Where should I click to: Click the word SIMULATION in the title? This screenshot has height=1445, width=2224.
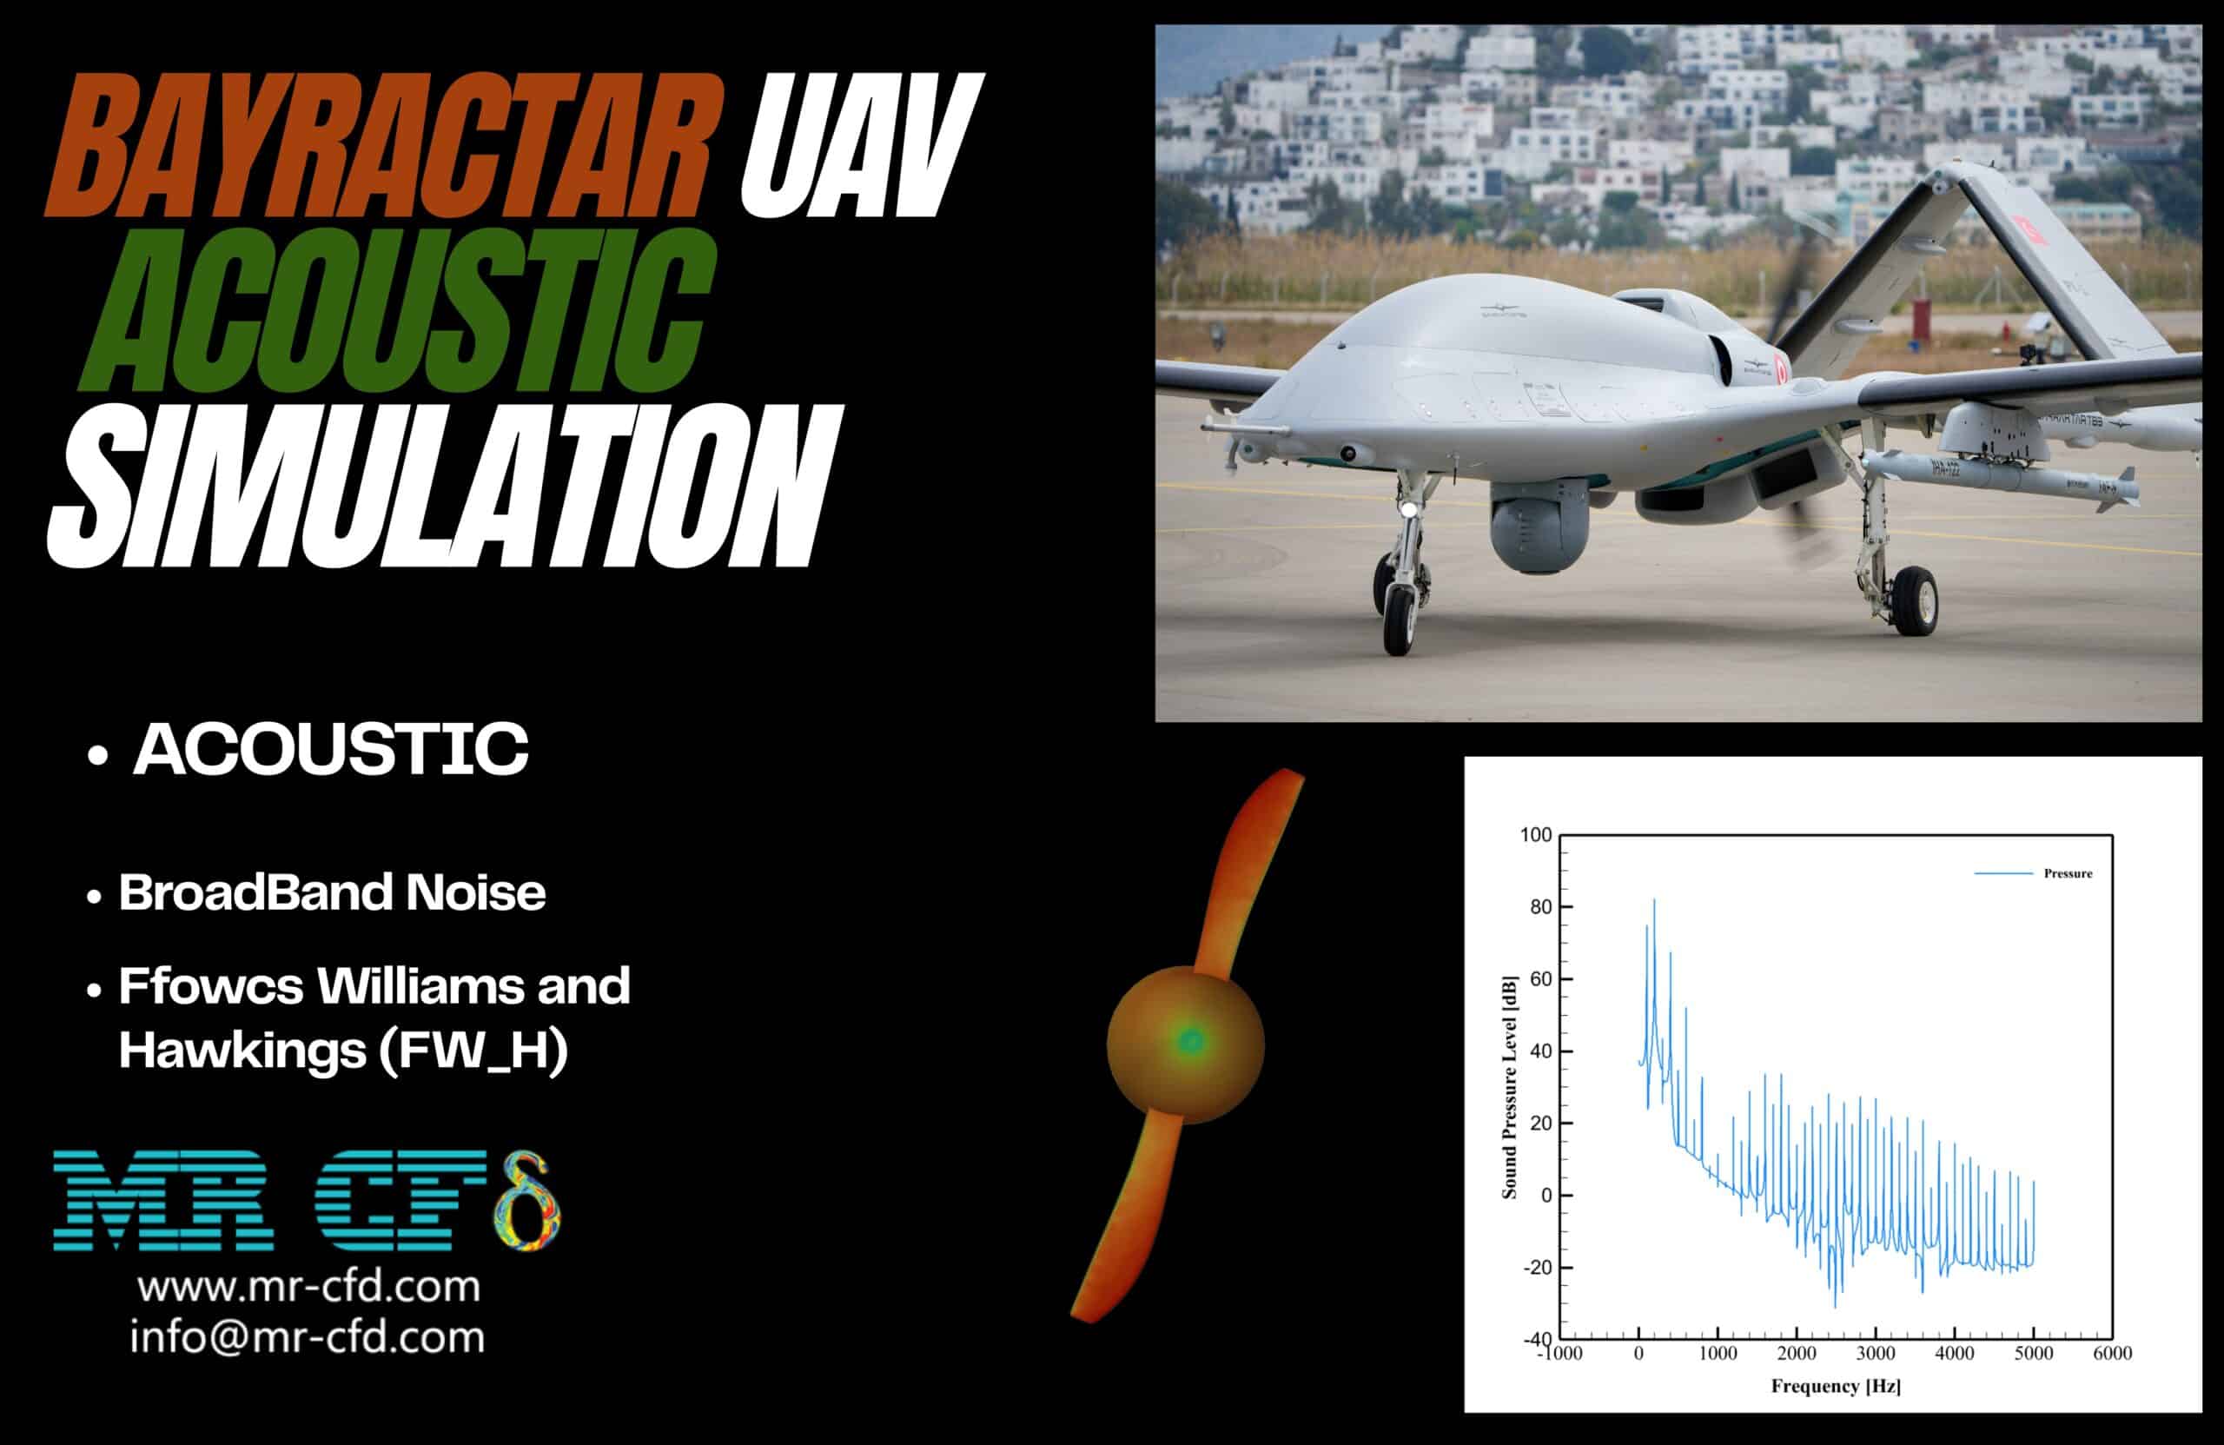pos(440,486)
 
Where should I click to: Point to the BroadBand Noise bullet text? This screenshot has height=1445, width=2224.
pos(332,892)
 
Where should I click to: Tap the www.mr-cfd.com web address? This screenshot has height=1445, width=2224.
pos(308,1287)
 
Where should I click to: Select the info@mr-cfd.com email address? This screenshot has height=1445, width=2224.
pos(308,1336)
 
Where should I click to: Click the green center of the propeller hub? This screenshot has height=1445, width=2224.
pos(1190,1039)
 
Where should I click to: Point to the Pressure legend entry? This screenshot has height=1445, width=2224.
pos(2067,873)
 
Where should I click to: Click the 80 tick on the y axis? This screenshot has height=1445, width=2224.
pos(1540,906)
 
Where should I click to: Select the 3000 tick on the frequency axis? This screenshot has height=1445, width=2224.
pos(1876,1354)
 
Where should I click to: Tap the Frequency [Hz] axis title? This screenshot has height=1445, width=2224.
pos(1836,1385)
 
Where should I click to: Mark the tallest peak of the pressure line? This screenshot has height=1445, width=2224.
pos(1654,901)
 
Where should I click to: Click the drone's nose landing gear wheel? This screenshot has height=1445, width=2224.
pos(1399,620)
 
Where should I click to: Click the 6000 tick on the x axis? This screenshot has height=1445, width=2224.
pos(2112,1354)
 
